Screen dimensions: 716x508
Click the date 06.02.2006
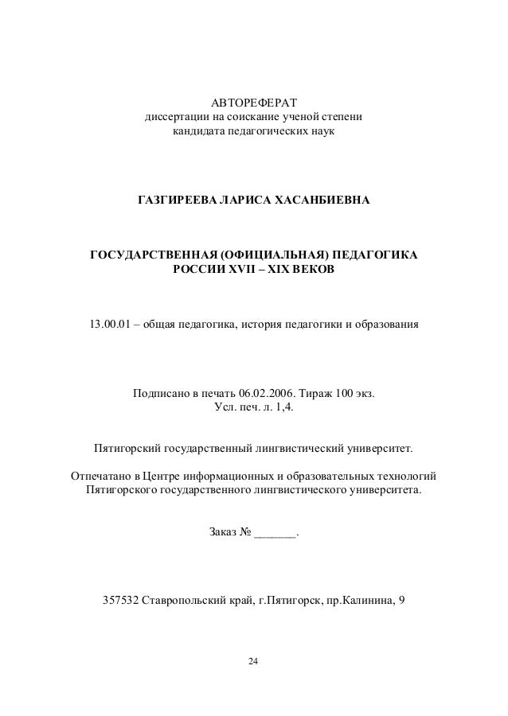tap(267, 393)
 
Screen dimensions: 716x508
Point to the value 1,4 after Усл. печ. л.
tap(295, 408)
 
